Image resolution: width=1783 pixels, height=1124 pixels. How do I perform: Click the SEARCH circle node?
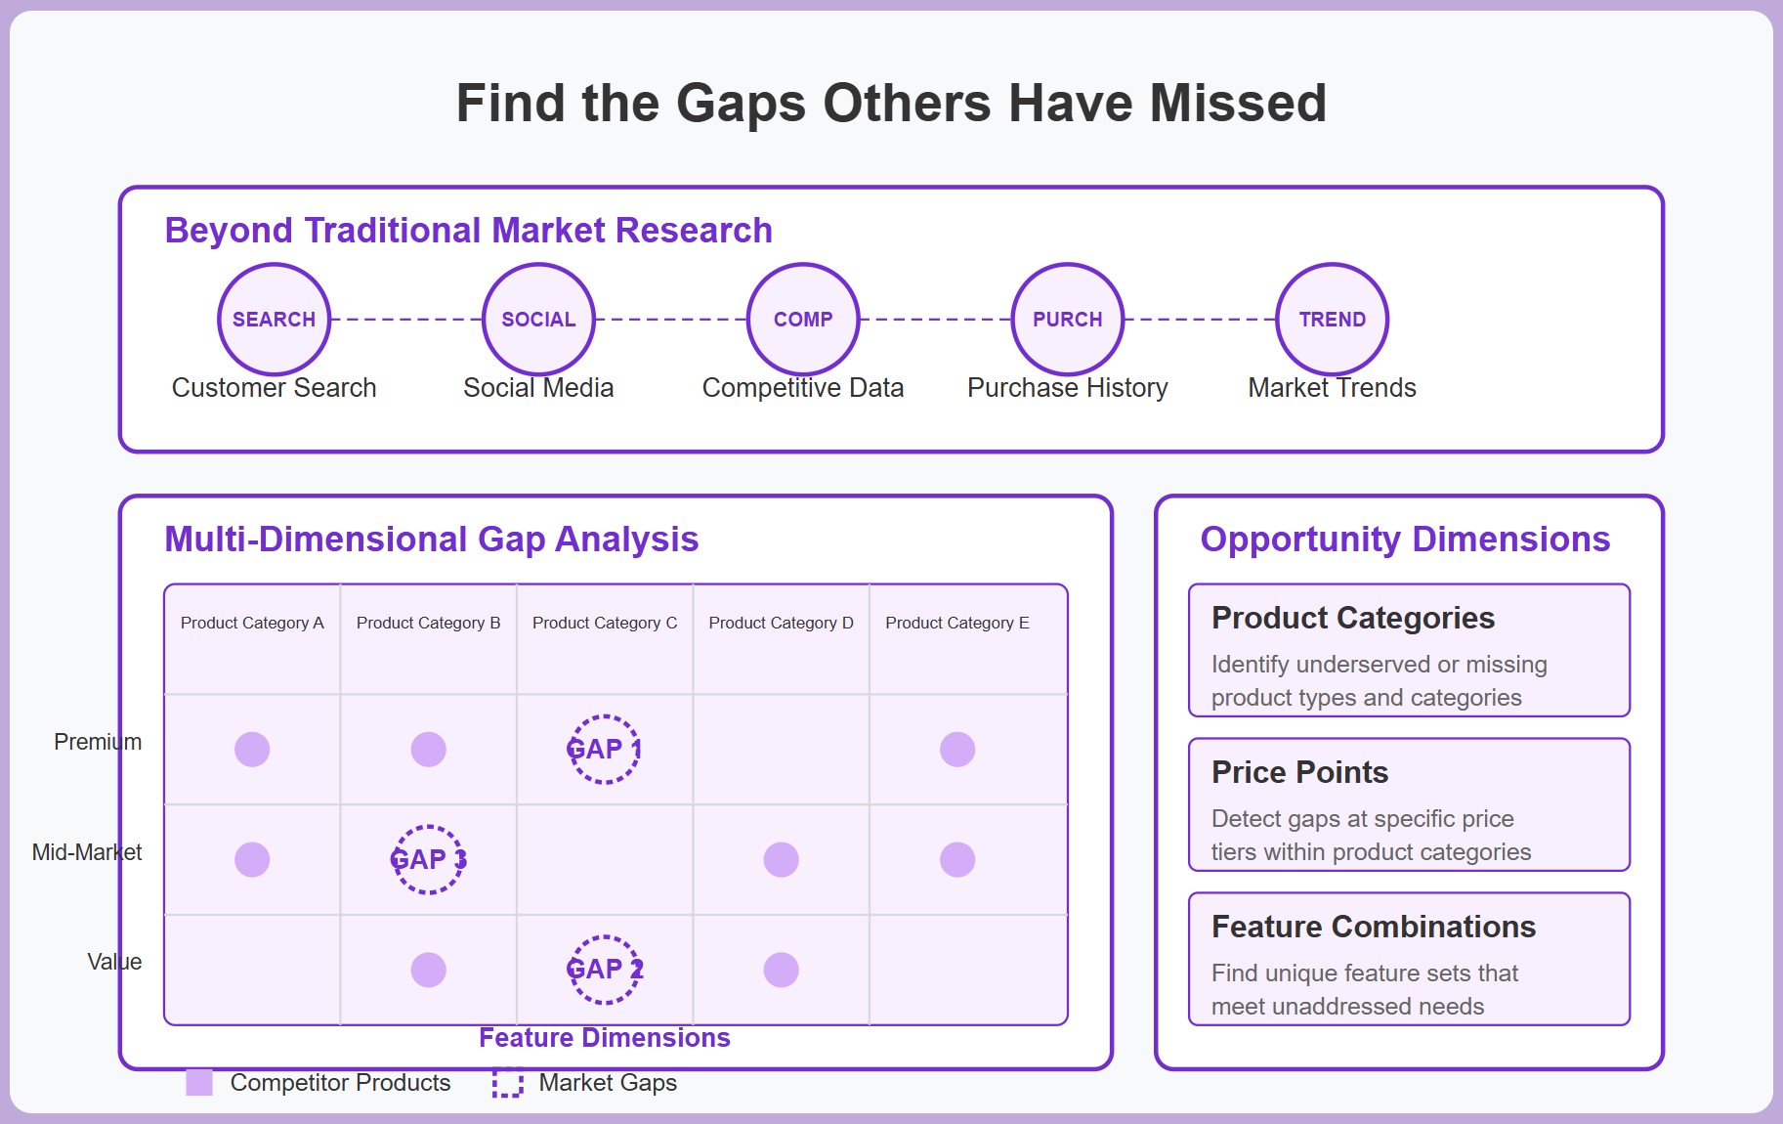pos(274,320)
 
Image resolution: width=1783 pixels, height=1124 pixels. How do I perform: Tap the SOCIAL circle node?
pos(538,320)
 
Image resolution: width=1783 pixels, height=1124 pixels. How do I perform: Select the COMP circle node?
pos(803,320)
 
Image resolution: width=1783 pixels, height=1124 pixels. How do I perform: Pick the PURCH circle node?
pos(1067,320)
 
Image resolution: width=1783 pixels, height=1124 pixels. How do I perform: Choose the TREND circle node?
pos(1332,320)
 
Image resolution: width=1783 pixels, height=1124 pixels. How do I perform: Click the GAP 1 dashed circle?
pos(605,750)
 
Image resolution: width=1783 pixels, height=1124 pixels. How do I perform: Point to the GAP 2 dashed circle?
pos(605,970)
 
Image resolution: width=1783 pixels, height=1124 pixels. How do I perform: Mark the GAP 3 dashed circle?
pos(428,860)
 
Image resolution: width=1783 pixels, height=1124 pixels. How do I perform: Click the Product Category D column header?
pos(781,623)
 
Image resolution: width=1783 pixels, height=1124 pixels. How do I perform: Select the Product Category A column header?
pos(252,623)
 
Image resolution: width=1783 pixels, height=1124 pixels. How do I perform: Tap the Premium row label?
pos(98,742)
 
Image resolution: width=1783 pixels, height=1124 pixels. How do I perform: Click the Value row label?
pos(114,962)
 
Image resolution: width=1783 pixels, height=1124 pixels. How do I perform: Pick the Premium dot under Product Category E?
pos(957,750)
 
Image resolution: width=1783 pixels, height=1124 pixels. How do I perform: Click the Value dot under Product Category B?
pos(428,970)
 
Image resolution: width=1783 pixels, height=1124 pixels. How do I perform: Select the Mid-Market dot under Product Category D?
pos(781,860)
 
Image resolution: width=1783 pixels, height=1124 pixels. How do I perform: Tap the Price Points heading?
pos(1299,772)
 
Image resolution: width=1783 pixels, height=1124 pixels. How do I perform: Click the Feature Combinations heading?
pos(1373,927)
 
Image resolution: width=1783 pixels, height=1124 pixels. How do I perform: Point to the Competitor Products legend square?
pos(199,1083)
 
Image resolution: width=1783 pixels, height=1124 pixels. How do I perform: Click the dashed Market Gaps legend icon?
pos(507,1083)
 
